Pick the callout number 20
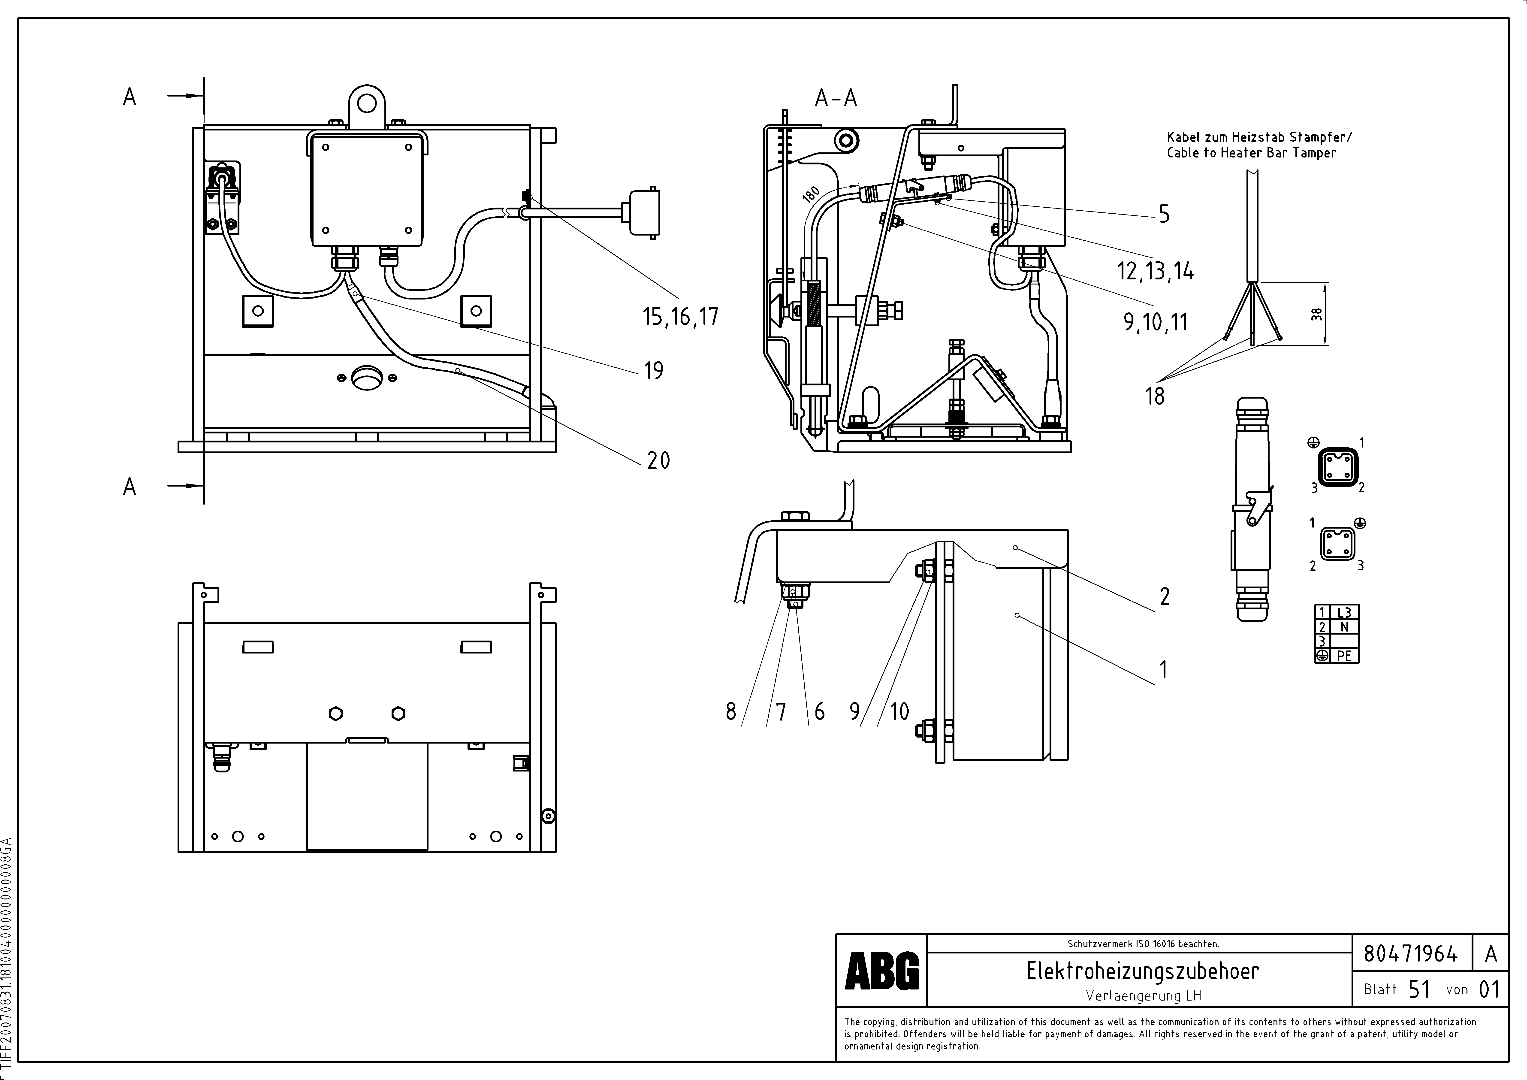[x=658, y=460]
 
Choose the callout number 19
[x=654, y=370]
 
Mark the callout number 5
[x=1164, y=214]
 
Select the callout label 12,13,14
[x=1155, y=271]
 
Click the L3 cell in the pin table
[x=1344, y=612]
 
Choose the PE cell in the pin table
[x=1344, y=656]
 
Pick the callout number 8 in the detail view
[x=731, y=712]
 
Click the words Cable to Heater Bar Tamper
[x=1251, y=153]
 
